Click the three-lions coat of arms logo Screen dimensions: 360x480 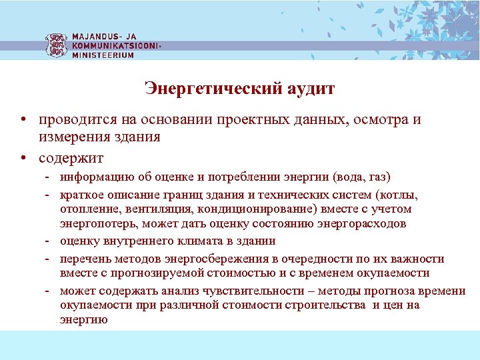(56, 44)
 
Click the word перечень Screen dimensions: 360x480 (82, 259)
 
